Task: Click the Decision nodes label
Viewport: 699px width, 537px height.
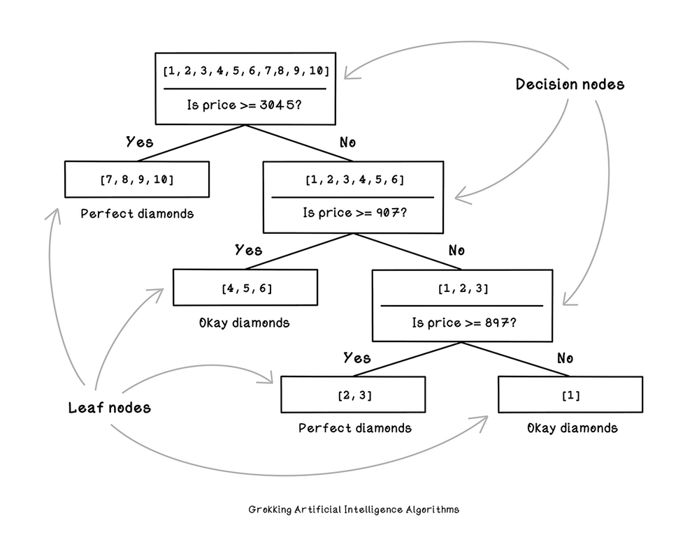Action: pos(570,84)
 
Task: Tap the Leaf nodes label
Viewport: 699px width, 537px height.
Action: pos(109,407)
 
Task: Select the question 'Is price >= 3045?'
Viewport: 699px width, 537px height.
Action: pos(244,105)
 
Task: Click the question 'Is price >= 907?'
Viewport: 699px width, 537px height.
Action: pos(355,213)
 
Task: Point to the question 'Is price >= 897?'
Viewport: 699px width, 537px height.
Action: pos(464,323)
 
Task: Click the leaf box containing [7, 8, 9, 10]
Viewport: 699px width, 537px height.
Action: pos(137,179)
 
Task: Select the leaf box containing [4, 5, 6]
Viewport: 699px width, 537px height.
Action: pos(245,287)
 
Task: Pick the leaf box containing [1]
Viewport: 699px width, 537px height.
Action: pos(570,395)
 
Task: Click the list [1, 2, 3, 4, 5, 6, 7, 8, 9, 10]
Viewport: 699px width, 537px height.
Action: pos(246,71)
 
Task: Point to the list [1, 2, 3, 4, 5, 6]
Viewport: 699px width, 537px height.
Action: pos(355,179)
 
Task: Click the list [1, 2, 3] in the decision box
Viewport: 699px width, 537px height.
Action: pos(463,288)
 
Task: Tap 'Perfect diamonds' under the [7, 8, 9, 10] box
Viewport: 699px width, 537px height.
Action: pos(137,214)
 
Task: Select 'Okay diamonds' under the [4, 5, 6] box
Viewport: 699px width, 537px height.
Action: pos(244,323)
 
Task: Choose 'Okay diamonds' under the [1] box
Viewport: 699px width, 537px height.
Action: pos(572,428)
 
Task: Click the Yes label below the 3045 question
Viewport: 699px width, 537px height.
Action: pos(140,142)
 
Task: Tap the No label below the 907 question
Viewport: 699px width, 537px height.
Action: pos(456,250)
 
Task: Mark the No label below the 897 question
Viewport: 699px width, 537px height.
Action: pos(565,358)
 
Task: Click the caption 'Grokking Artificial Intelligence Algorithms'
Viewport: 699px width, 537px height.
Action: pos(354,509)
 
